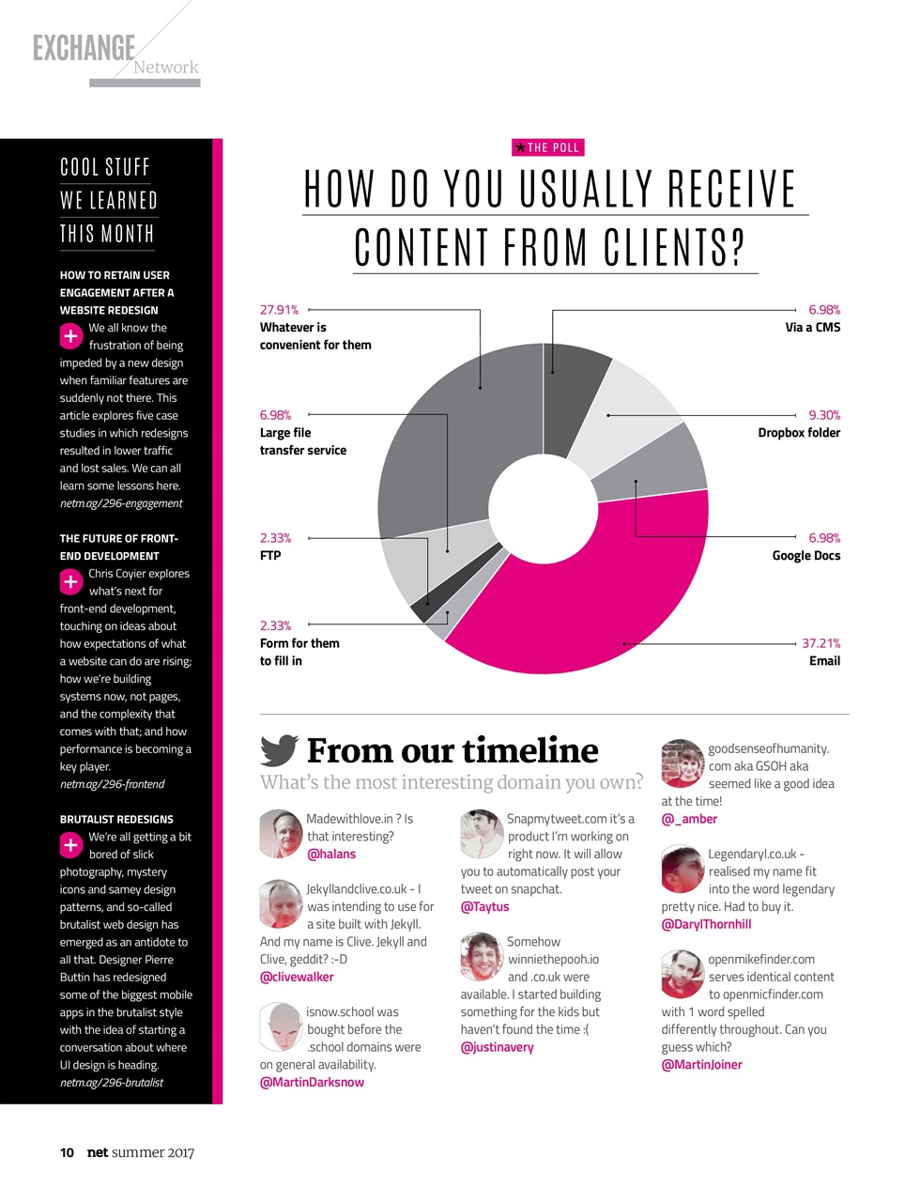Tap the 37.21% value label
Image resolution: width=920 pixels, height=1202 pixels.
pos(820,643)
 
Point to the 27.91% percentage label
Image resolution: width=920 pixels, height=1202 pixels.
pos(279,310)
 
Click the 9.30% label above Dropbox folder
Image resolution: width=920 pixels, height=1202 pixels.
pos(824,415)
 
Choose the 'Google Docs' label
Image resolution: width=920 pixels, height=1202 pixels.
pos(805,556)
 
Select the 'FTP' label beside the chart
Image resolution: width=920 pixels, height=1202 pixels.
pos(270,556)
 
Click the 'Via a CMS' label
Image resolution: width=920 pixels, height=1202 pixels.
pos(812,328)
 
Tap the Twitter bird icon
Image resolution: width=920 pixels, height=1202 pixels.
pos(279,749)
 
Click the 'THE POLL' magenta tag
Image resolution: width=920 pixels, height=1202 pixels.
pos(548,147)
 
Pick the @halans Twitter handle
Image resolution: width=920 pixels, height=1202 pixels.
pos(331,855)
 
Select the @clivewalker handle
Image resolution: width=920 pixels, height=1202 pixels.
pos(297,978)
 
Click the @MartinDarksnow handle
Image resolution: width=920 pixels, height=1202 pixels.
pos(312,1083)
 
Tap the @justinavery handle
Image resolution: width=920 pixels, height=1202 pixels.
pos(497,1048)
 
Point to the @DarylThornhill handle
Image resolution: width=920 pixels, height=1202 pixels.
pos(706,925)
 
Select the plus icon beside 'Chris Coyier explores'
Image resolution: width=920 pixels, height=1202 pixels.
pos(71,582)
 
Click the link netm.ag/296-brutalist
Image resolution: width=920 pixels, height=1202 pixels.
pos(111,1083)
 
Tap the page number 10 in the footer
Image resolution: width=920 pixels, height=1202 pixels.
pos(67,1152)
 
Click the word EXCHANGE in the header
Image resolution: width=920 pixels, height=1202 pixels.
pos(84,48)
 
